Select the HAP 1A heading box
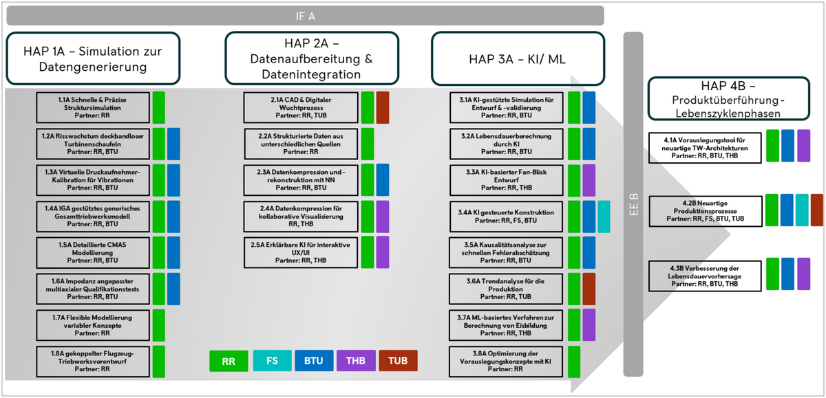(94, 58)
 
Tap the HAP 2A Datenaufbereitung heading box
(311, 58)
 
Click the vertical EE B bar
(633, 204)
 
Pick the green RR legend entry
(229, 361)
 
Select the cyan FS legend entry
(272, 361)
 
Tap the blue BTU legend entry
(315, 361)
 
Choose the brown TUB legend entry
(399, 361)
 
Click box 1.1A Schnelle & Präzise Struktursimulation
(94, 108)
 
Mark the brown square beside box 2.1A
(383, 107)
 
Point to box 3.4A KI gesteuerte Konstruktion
(507, 217)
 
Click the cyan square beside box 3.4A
(604, 217)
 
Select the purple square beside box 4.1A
(803, 145)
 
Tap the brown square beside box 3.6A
(589, 289)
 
